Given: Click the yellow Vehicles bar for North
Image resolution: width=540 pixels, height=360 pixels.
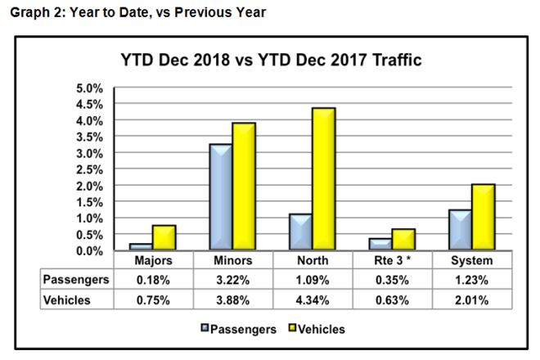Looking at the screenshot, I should coord(323,180).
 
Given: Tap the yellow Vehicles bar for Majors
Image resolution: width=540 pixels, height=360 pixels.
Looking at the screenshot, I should coord(164,238).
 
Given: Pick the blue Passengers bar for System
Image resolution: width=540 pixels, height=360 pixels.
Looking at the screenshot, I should coord(461,231).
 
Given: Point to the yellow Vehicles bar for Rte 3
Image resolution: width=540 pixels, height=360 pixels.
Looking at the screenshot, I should coord(403,240).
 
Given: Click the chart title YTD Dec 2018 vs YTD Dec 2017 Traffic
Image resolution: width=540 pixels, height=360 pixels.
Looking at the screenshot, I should coord(271,61).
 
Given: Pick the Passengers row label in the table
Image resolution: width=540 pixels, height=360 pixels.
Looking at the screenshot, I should coord(75,279).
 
